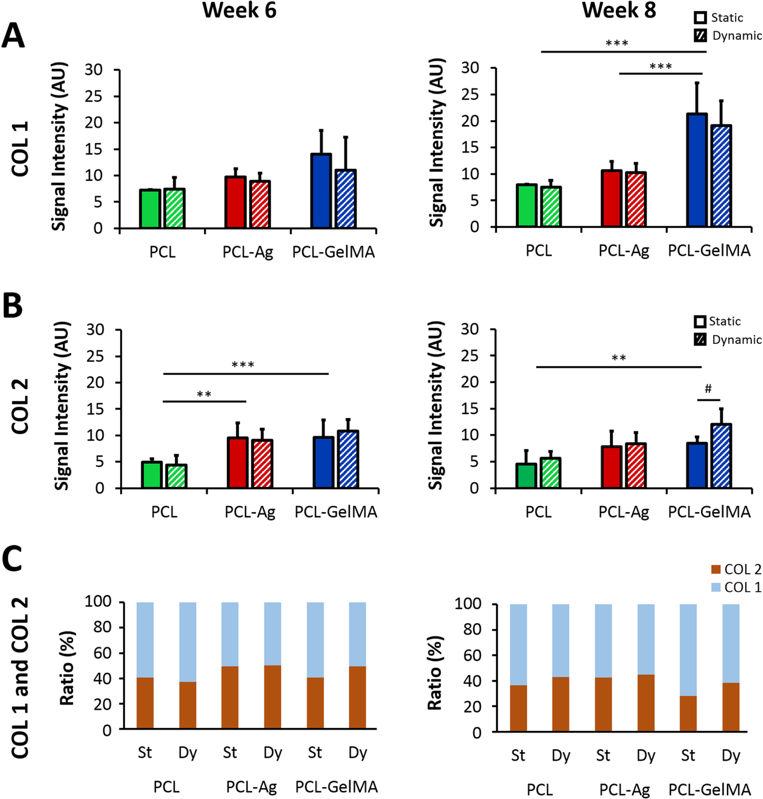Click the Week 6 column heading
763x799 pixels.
239,11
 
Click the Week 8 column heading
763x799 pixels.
619,11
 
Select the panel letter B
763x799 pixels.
13,306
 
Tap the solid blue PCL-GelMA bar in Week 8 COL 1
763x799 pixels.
697,170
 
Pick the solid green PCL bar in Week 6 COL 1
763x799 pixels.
150,209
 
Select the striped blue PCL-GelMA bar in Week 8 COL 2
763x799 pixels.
721,456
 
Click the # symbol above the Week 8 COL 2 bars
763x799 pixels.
708,390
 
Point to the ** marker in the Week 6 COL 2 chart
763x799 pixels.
204,395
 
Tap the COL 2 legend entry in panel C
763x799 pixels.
736,569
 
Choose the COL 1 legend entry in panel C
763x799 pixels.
736,587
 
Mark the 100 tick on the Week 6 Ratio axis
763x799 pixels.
98,601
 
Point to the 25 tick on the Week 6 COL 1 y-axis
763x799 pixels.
94,96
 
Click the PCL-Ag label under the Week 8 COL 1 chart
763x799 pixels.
624,251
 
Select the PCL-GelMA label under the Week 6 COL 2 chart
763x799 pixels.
336,512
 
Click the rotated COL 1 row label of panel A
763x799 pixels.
20,149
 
